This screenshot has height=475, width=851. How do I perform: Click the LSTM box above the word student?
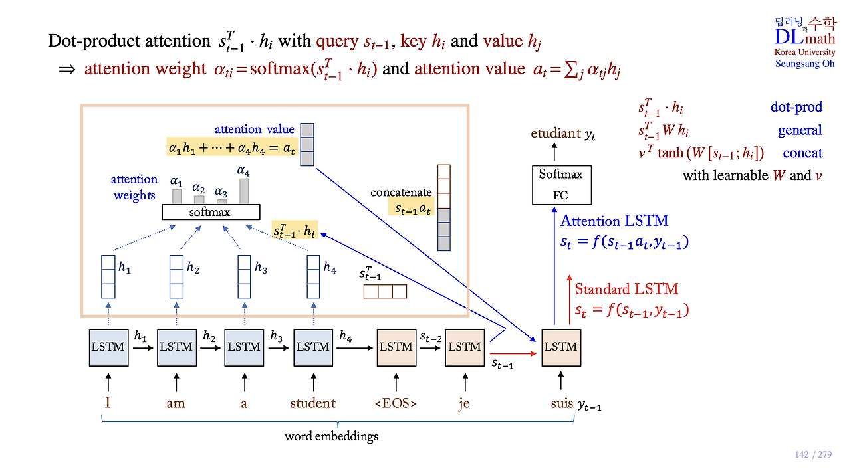pos(313,347)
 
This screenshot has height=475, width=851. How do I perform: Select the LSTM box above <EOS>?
pos(396,347)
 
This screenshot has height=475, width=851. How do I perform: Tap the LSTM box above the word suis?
pos(561,347)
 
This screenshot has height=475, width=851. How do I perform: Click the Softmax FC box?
pos(562,185)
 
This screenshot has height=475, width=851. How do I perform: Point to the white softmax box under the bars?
pos(211,212)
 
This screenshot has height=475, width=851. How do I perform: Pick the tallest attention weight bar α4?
pos(244,191)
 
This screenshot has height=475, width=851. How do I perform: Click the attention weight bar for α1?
pos(177,197)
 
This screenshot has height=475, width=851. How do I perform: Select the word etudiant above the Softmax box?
pos(556,134)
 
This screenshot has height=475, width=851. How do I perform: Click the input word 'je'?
pos(464,403)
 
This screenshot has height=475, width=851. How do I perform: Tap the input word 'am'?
pos(176,403)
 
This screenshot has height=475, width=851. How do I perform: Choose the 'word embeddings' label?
pos(331,436)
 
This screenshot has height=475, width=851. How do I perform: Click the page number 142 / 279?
pos(813,454)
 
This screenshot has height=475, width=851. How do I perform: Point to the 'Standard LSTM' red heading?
pos(626,289)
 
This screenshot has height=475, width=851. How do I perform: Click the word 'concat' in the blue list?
pos(802,153)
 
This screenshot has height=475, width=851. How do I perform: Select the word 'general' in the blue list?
pos(800,130)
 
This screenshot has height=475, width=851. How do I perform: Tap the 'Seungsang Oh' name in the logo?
pos(804,64)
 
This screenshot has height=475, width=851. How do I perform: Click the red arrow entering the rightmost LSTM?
pos(513,354)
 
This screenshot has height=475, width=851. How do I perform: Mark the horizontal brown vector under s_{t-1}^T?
pos(385,291)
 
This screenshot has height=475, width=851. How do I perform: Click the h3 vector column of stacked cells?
pos(244,277)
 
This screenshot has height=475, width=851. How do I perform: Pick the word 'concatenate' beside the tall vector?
pos(401,193)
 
